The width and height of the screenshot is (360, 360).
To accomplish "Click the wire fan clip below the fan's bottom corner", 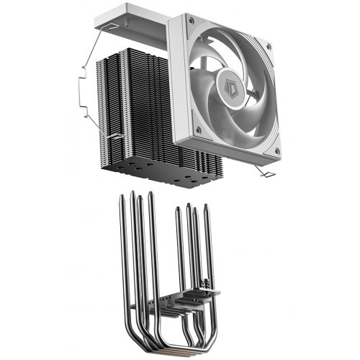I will [262, 170].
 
